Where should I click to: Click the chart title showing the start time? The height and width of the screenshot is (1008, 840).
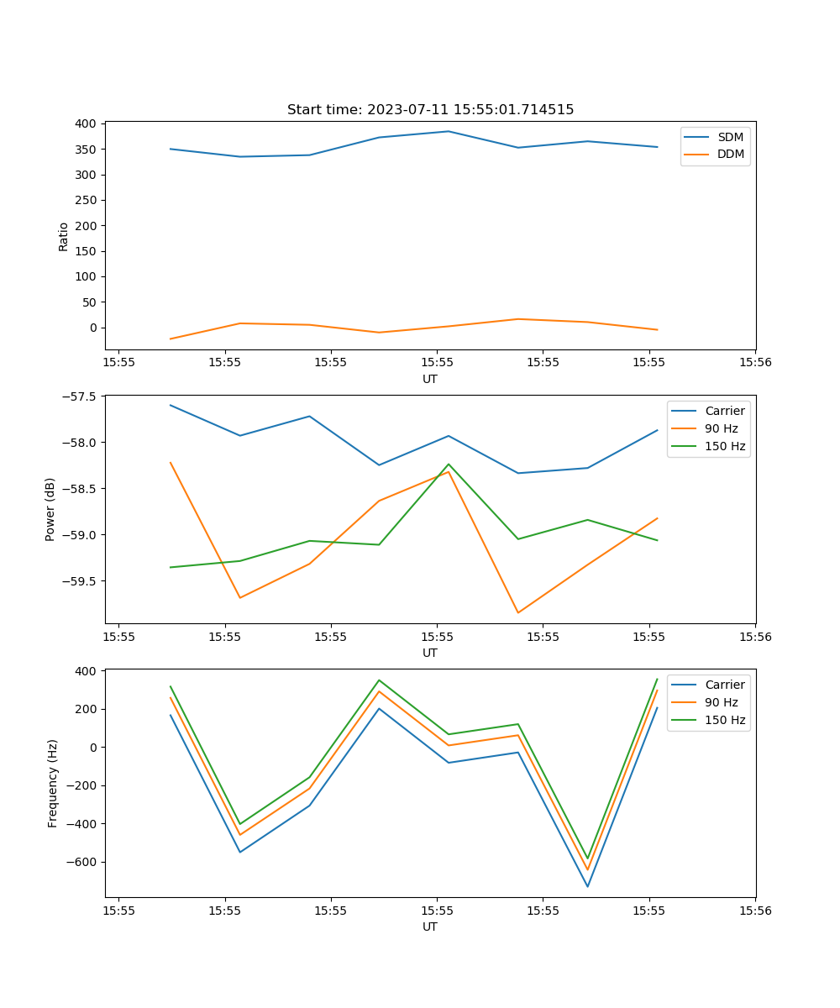pos(430,110)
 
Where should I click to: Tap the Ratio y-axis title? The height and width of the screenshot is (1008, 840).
pos(64,236)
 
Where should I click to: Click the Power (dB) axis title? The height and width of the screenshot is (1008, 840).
pos(50,509)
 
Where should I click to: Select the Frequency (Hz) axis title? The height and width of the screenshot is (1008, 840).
pos(52,783)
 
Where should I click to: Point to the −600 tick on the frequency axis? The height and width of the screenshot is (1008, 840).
pos(82,862)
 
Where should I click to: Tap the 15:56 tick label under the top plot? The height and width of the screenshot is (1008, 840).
pos(754,363)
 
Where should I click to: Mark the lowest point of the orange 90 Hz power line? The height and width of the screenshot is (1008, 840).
pos(517,613)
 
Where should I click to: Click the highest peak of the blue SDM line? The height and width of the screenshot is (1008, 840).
pos(449,131)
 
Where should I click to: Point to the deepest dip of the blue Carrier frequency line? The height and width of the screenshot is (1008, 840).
pos(587,887)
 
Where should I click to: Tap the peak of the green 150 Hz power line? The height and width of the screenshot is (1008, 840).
pos(449,465)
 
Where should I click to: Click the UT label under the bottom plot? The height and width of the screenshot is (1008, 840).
pos(430,927)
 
